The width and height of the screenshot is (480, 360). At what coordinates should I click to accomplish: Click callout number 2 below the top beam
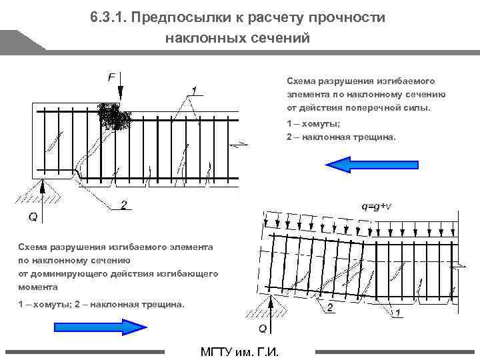(x=123, y=205)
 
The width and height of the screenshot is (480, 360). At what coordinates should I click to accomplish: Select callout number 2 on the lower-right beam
(x=330, y=308)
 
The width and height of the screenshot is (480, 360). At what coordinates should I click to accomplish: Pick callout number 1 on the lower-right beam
(x=398, y=313)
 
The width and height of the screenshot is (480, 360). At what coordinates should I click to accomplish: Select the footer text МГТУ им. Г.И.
(x=239, y=351)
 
